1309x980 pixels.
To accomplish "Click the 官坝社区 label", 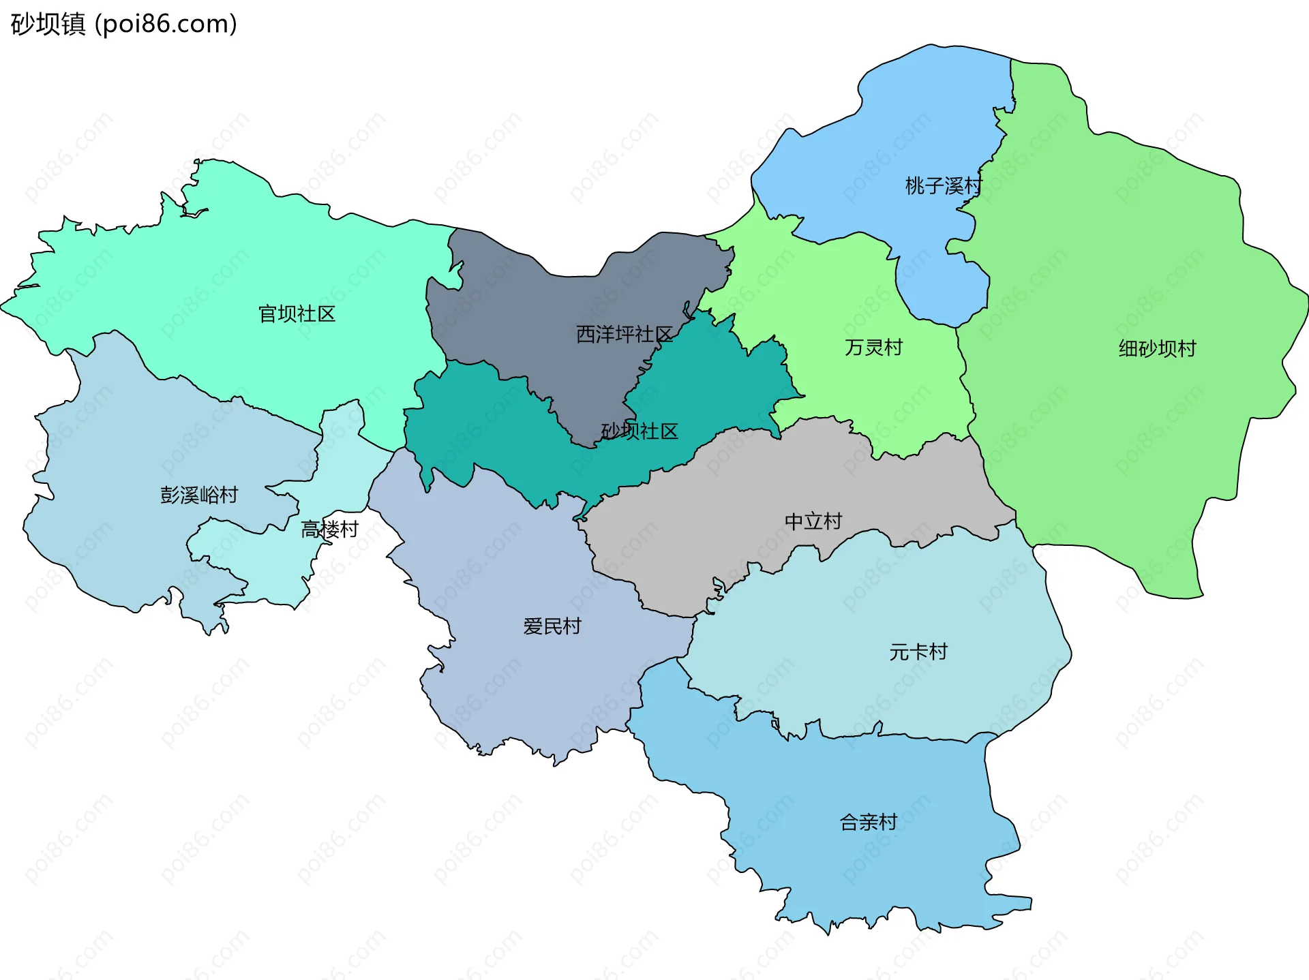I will [297, 314].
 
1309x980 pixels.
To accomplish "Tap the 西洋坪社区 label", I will [624, 335].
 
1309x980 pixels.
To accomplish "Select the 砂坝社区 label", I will [640, 431].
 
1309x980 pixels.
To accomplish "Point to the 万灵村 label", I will [873, 348].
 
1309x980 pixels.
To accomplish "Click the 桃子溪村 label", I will [943, 186].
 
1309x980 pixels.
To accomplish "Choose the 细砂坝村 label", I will [1157, 349].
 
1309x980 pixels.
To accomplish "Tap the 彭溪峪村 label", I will [199, 495].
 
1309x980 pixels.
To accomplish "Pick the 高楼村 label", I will [330, 530].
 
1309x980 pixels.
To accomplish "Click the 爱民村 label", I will [552, 626].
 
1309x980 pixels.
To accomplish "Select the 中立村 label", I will [813, 522].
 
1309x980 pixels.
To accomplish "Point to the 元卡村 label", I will [918, 652].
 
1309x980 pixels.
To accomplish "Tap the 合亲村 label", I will [869, 823].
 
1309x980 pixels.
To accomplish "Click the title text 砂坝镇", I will [48, 25].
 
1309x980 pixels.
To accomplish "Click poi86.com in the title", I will [166, 25].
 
